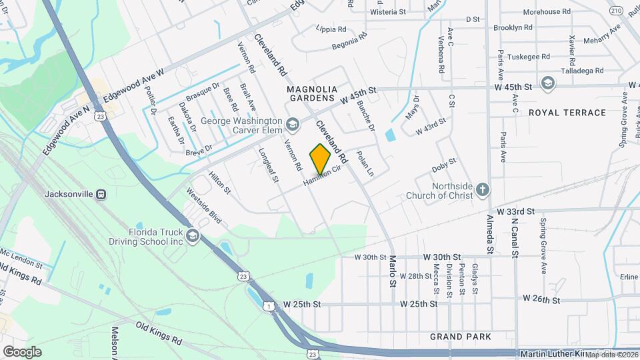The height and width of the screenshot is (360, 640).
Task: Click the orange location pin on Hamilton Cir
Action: [x=320, y=158]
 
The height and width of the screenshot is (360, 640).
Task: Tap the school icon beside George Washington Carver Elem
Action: [x=292, y=124]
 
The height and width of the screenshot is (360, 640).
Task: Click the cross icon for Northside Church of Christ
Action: [x=483, y=190]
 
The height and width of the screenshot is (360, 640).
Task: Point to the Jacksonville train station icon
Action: [x=101, y=195]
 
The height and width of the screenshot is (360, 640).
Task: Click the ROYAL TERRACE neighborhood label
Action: [x=567, y=113]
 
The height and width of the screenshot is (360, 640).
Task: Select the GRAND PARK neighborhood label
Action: [x=461, y=337]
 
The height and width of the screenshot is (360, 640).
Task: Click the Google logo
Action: [x=22, y=351]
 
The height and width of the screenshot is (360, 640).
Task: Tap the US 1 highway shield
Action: [x=267, y=305]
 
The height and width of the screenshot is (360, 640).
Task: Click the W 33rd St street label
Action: [x=515, y=211]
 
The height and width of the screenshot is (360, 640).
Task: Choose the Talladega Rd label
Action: [x=581, y=70]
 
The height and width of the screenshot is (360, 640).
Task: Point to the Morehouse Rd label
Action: [x=547, y=12]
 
